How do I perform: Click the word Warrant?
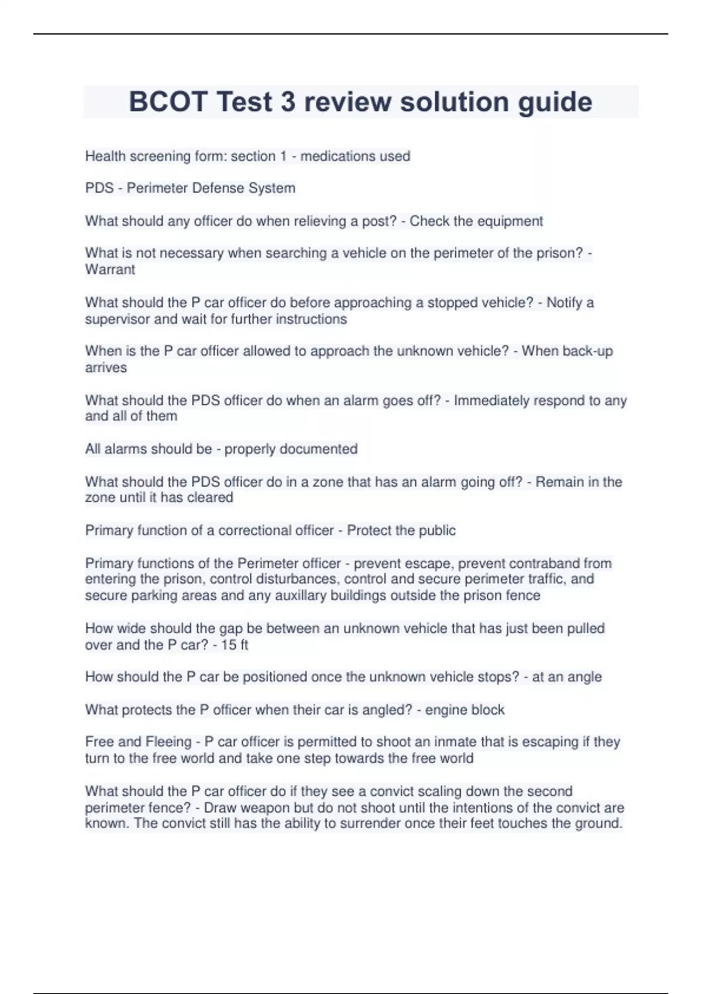[110, 270]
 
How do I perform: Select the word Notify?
[565, 303]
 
